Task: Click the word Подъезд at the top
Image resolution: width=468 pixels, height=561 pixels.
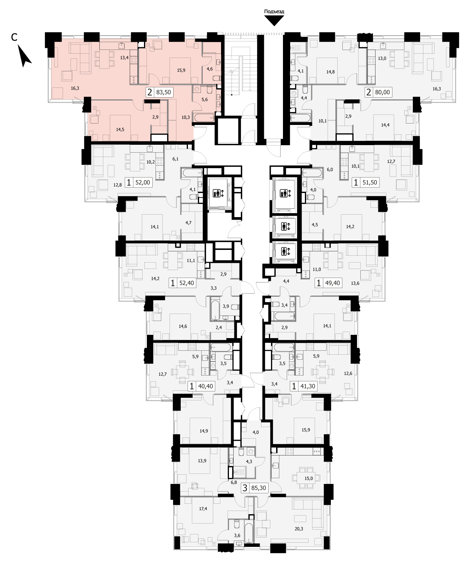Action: coord(274,11)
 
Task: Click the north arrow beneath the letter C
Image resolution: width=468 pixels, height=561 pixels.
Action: coord(24,56)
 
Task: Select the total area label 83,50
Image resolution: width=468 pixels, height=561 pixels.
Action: coord(163,92)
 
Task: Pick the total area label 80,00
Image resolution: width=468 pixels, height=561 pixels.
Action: coord(382,92)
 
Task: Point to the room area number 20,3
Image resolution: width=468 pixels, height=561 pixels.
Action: coord(299,529)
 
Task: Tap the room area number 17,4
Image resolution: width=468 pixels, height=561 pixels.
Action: coord(203,508)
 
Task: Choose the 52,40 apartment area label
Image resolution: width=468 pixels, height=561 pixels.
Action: coord(186,283)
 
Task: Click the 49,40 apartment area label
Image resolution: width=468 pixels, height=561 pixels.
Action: coord(332,283)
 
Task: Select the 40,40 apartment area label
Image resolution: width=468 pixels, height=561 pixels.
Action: coord(206,386)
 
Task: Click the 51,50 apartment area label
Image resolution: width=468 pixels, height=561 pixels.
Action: coord(370,183)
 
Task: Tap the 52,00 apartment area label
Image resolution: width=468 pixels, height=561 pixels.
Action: coord(143,183)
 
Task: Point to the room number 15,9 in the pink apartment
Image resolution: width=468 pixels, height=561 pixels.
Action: coord(181,70)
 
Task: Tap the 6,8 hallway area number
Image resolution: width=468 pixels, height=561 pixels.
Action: coord(234,482)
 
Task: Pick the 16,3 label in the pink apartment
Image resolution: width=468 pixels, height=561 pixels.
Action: coord(75,88)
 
